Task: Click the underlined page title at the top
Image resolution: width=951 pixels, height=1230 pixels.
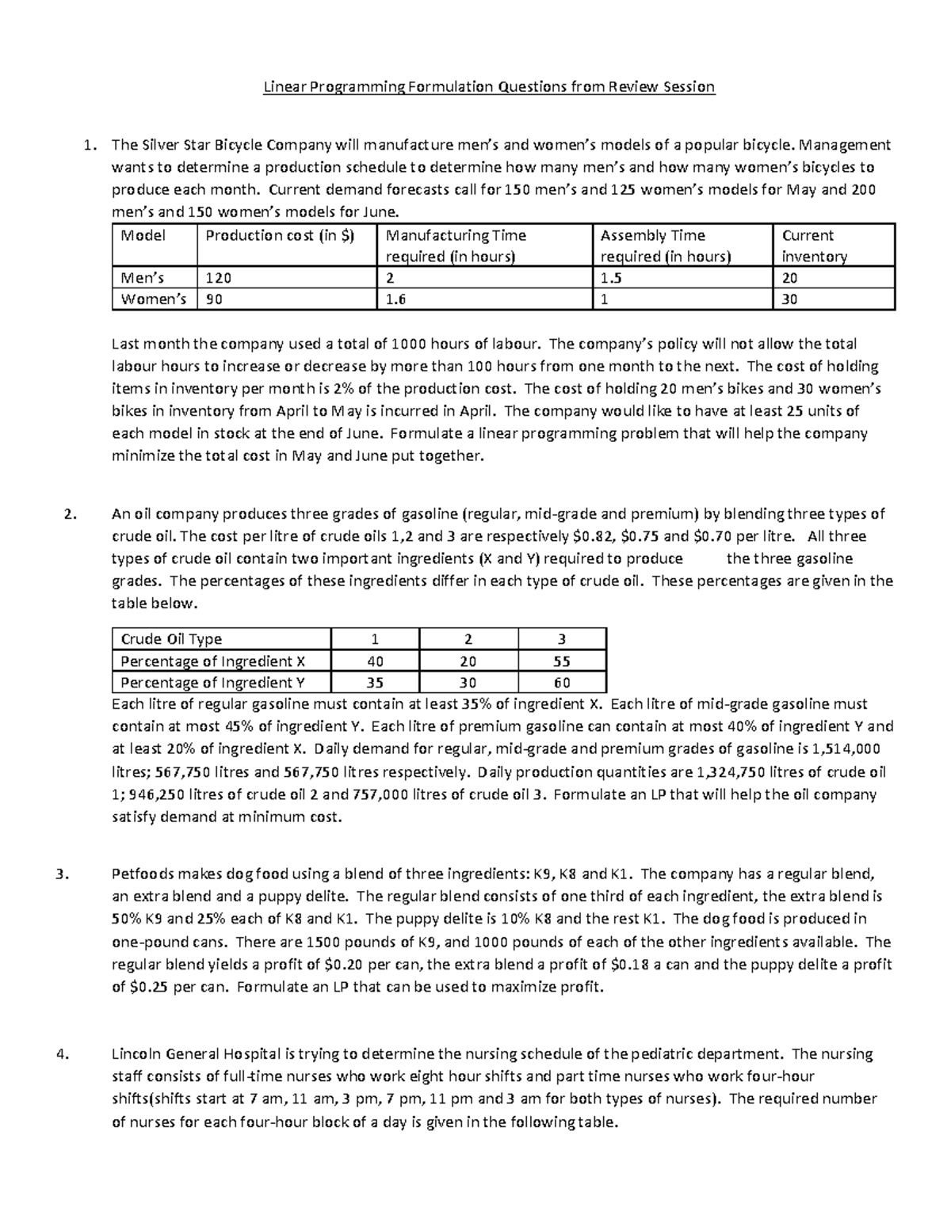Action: pyautogui.click(x=489, y=86)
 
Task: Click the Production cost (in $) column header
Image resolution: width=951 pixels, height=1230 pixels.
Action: pyautogui.click(x=280, y=235)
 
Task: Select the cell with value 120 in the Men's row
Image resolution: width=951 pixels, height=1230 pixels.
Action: pyautogui.click(x=217, y=278)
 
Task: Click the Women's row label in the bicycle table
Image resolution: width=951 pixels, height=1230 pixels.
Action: pyautogui.click(x=153, y=299)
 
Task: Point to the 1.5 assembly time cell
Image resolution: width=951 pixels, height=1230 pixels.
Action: pyautogui.click(x=609, y=278)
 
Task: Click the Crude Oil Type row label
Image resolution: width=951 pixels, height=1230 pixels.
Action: pyautogui.click(x=171, y=639)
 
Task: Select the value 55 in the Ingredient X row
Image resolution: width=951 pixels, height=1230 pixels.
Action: pyautogui.click(x=562, y=661)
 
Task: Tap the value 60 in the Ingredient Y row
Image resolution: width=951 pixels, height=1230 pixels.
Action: pyautogui.click(x=562, y=683)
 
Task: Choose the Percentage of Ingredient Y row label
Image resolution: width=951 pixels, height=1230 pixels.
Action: pyautogui.click(x=212, y=683)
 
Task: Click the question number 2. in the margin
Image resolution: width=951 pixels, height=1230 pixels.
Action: pyautogui.click(x=68, y=514)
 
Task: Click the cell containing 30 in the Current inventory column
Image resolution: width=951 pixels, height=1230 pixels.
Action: pyautogui.click(x=789, y=299)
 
